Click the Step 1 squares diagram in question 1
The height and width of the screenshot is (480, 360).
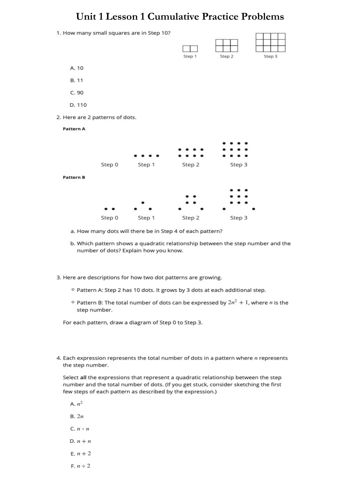[190, 49]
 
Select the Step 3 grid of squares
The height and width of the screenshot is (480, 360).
[271, 42]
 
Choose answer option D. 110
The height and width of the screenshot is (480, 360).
[78, 105]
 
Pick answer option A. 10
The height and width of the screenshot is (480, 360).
[77, 68]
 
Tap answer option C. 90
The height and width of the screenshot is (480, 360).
[77, 93]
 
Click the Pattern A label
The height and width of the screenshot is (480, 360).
[74, 129]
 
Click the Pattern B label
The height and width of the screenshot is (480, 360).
[74, 177]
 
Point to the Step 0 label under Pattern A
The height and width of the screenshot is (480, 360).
[109, 165]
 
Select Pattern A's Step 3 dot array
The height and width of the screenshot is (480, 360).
[235, 149]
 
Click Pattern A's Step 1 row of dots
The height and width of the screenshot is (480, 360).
[147, 156]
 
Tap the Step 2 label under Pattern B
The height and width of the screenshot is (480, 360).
[191, 218]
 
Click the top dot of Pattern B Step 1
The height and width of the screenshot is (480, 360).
[143, 202]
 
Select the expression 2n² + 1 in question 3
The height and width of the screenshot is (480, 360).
[239, 302]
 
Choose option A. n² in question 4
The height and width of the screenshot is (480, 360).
[77, 404]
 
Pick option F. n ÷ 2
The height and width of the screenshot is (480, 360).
[80, 466]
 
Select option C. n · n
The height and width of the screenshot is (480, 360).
[80, 429]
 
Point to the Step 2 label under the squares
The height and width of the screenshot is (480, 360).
[226, 56]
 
